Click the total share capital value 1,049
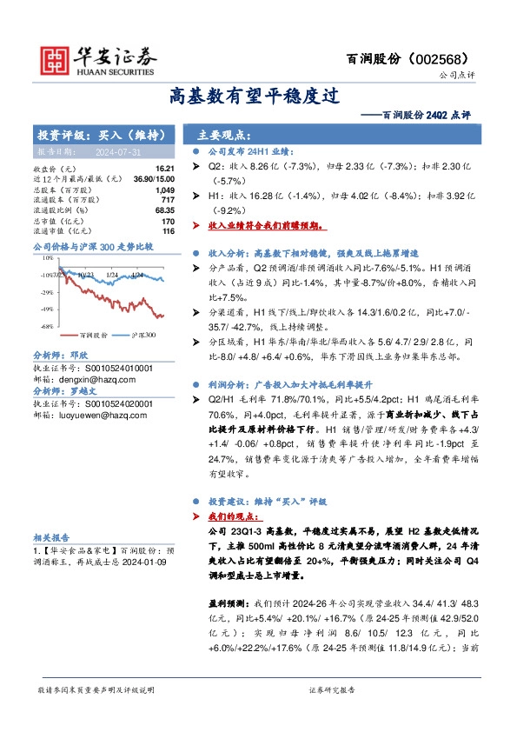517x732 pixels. [x=164, y=189]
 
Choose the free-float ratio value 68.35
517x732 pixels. [x=164, y=210]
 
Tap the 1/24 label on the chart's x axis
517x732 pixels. [x=111, y=274]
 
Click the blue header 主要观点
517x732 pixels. [x=224, y=136]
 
